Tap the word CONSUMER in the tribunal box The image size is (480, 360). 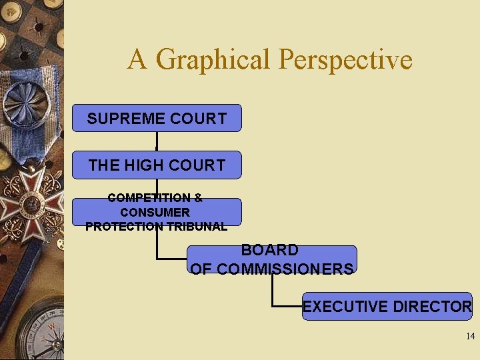155,212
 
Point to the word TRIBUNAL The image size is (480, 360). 197,226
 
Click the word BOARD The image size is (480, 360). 270,251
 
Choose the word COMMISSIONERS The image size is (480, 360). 285,269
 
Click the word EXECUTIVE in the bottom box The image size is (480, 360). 345,307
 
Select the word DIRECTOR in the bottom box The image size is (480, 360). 433,307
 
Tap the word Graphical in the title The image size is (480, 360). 216,60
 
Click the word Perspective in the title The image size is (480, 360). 346,60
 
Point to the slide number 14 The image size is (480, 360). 471,337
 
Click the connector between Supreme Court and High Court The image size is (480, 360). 157,141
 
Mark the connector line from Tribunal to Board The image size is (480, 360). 157,247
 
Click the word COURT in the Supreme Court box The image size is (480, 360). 199,119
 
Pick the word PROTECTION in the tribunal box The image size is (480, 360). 125,226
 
